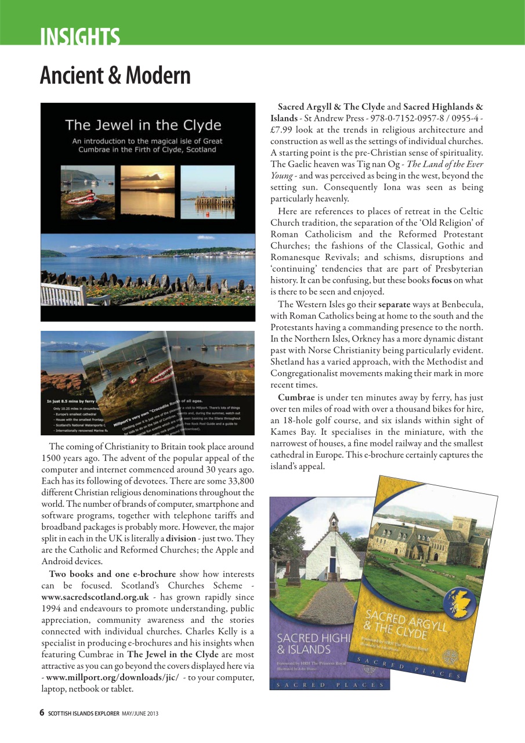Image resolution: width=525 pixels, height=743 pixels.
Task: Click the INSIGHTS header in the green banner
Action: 80,37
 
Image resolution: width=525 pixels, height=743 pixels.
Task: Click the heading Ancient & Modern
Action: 115,75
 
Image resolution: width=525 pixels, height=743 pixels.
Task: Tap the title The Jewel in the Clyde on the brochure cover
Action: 143,125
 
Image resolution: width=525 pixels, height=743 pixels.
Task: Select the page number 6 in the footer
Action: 42,713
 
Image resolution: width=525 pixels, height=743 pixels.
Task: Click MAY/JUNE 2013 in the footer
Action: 140,713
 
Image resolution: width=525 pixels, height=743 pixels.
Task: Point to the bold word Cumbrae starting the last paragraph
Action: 296,398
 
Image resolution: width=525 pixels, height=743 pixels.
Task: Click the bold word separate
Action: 394,304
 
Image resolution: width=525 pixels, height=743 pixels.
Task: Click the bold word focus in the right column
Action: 441,280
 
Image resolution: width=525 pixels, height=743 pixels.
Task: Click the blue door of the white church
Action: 333,564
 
